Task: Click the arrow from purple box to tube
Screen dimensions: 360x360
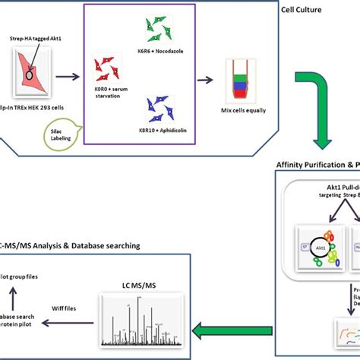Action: pos(206,77)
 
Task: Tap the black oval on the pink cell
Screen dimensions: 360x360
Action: pos(30,75)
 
